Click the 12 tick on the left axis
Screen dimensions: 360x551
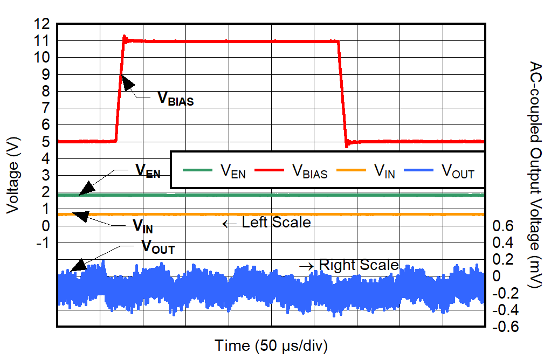point(42,24)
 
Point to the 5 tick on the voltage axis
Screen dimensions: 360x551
point(45,142)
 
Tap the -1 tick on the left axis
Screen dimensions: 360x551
point(43,243)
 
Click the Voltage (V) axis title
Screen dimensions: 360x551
point(13,176)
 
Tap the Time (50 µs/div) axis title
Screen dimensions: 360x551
point(271,345)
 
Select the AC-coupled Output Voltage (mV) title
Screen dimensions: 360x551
point(535,176)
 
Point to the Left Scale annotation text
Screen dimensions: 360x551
point(276,222)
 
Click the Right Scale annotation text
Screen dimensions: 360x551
point(359,265)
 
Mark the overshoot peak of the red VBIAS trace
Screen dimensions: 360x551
point(125,37)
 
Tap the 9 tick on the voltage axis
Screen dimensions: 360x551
point(45,75)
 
